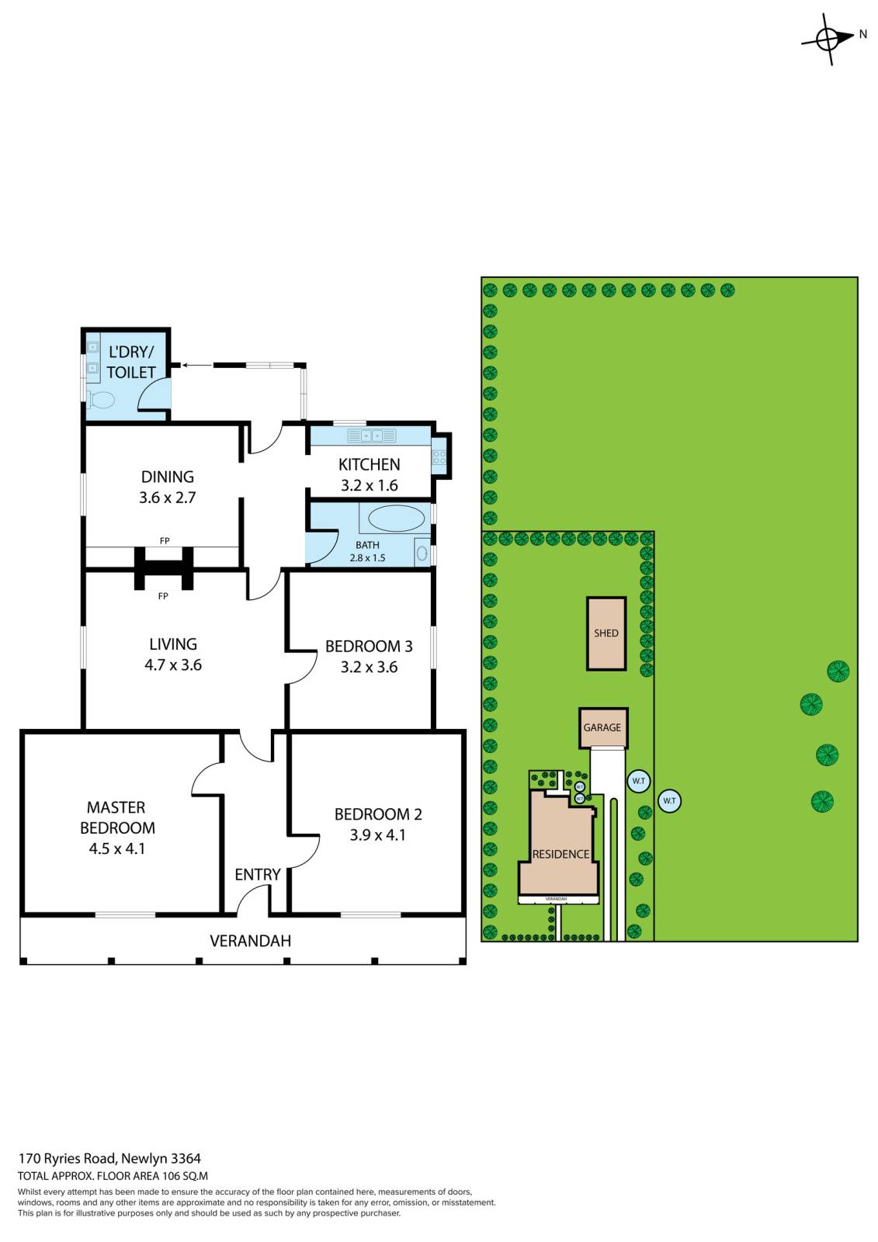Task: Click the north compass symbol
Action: [831, 40]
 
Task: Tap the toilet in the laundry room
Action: [101, 399]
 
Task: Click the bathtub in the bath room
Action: [396, 519]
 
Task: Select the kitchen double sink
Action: [372, 435]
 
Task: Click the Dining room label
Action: [168, 477]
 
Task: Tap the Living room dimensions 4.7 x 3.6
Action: [173, 664]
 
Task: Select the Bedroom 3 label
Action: [369, 646]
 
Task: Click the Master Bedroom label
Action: [117, 817]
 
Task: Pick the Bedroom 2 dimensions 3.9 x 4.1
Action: [377, 835]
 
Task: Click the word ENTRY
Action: [258, 875]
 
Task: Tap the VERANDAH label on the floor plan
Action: [250, 941]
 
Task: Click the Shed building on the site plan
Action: [606, 633]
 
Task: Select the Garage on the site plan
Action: [603, 727]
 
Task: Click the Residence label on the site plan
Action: [560, 855]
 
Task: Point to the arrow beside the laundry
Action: [197, 365]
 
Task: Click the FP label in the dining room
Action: [164, 540]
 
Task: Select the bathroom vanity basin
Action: [422, 553]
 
